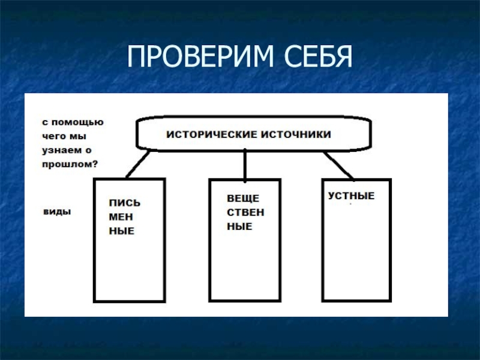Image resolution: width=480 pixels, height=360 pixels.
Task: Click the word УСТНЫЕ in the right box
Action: click(352, 196)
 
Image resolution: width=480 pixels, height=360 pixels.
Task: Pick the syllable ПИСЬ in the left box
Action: click(124, 203)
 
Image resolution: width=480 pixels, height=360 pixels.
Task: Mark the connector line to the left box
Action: click(139, 164)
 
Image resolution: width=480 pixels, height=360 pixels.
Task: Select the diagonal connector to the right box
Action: click(339, 164)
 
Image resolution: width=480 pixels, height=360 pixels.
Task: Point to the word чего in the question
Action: click(53, 136)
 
